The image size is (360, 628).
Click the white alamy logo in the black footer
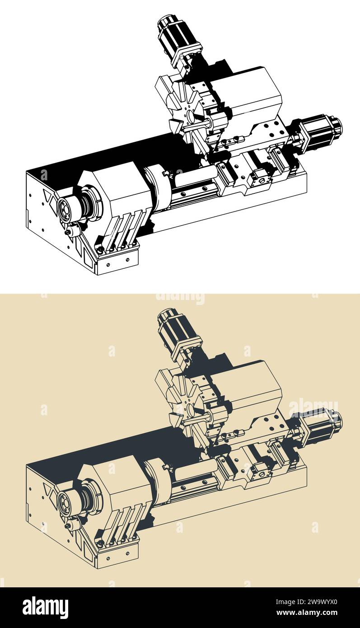point(45,608)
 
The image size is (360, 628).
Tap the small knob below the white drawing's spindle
point(69,231)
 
